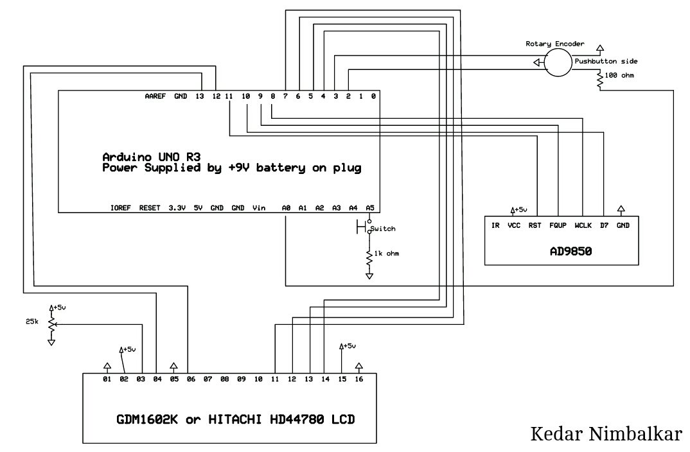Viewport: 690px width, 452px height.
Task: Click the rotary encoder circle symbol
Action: click(x=545, y=62)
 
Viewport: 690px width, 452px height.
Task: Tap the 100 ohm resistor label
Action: click(x=619, y=75)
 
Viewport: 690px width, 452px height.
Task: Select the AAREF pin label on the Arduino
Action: click(x=155, y=96)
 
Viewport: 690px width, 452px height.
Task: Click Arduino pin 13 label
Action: click(x=200, y=96)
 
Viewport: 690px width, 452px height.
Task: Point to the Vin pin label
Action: click(x=259, y=208)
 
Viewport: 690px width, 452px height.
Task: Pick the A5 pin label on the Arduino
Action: click(x=370, y=208)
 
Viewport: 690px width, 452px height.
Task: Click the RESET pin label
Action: click(x=150, y=208)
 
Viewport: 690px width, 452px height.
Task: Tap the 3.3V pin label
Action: click(x=177, y=208)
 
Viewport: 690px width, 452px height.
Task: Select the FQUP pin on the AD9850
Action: click(x=558, y=225)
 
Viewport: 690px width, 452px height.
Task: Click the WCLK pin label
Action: click(x=583, y=225)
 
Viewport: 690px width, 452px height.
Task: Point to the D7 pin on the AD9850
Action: click(x=604, y=225)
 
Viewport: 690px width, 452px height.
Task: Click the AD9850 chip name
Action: click(x=571, y=252)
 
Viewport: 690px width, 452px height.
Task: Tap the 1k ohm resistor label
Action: click(x=386, y=254)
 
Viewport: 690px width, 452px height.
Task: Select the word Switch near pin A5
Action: click(x=383, y=229)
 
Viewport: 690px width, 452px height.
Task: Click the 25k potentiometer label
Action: click(x=32, y=322)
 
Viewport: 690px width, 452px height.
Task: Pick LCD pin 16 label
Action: click(x=359, y=379)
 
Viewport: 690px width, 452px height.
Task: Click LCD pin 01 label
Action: click(x=107, y=379)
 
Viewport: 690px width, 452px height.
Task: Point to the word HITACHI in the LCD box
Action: click(x=234, y=419)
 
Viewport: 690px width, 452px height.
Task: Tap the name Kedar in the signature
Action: click(x=556, y=433)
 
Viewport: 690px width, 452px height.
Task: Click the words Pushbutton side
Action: click(x=606, y=61)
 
